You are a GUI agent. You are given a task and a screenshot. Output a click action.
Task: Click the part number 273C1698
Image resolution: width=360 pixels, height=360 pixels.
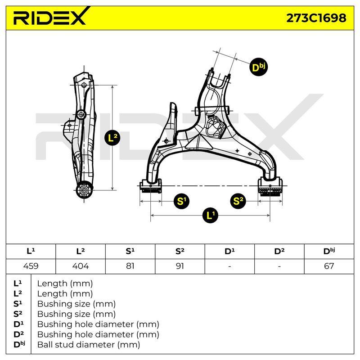316,18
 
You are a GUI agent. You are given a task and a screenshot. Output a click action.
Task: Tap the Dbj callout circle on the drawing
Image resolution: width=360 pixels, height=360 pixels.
258,67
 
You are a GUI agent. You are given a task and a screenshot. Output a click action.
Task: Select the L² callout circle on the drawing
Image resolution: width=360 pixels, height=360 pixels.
112,138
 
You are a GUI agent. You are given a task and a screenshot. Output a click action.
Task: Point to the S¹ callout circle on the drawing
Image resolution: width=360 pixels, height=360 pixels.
181,201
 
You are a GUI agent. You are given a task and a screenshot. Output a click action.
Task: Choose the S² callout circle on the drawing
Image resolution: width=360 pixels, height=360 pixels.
238,201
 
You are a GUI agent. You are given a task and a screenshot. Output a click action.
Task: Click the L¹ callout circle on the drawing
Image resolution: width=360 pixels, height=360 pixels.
210,216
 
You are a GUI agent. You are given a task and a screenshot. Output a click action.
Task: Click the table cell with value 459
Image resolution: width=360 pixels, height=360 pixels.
31,266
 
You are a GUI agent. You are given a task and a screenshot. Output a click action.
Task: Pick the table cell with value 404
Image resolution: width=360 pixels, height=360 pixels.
81,266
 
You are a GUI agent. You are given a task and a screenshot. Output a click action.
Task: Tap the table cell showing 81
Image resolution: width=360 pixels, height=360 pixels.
130,266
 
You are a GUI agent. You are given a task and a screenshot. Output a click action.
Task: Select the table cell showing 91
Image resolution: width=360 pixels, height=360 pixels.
180,266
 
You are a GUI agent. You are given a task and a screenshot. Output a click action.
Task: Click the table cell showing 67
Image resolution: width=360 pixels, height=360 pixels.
329,266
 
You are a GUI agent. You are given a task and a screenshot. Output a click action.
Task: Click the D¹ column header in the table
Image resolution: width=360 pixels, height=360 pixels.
229,252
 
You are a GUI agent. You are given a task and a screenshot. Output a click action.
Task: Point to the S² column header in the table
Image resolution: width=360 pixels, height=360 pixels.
180,252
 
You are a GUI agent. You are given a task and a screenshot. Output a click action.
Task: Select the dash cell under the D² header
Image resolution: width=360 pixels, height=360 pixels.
279,266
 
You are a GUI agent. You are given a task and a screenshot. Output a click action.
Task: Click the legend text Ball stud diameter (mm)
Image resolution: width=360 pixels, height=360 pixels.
89,345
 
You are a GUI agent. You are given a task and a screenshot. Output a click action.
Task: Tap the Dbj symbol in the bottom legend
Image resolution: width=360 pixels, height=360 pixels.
19,344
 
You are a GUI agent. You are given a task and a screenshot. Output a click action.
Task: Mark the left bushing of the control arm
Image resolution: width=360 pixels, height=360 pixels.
151,186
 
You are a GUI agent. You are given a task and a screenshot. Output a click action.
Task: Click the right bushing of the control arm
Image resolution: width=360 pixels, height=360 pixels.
270,186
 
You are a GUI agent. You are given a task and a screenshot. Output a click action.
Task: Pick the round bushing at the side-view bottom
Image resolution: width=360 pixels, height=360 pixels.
84,190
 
